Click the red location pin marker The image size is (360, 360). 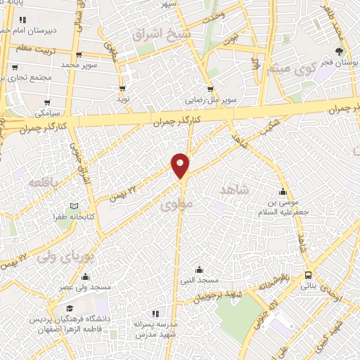pos(181,165)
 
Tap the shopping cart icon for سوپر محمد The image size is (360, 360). pos(77,54)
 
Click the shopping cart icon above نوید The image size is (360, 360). pos(124,89)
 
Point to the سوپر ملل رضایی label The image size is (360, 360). pos(207,101)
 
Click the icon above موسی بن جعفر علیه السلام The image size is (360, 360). pos(283,192)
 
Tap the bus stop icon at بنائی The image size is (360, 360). pos(309,276)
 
